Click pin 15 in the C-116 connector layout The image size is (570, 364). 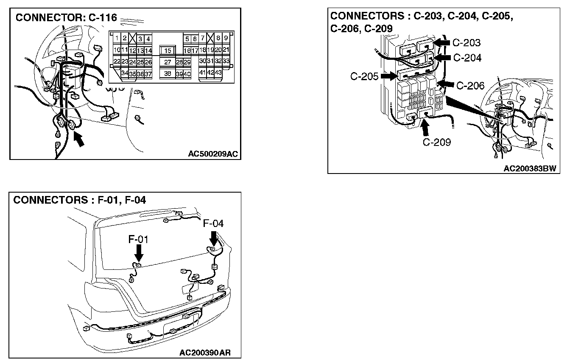tap(168, 50)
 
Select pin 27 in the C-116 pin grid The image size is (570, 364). tap(168, 62)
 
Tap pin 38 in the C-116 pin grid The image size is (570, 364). tap(168, 73)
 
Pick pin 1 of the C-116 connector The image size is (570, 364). tap(117, 38)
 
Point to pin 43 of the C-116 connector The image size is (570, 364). tap(218, 72)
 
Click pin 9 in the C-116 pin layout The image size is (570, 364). tap(226, 38)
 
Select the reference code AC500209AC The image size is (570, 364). tap(213, 154)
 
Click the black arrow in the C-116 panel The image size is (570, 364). tap(79, 139)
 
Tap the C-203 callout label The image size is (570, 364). tap(467, 42)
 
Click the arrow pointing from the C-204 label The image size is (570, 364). tap(442, 58)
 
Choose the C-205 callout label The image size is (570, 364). tap(364, 76)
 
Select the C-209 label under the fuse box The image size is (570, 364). tap(437, 142)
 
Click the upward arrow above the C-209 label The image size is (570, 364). tap(425, 127)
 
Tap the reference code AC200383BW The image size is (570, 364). tap(530, 168)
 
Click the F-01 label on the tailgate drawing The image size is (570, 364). tap(138, 239)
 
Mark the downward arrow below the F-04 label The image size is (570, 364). tap(214, 238)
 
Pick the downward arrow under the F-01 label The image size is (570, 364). tap(139, 253)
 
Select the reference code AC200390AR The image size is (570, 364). tap(205, 353)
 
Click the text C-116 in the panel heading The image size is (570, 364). tap(103, 17)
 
